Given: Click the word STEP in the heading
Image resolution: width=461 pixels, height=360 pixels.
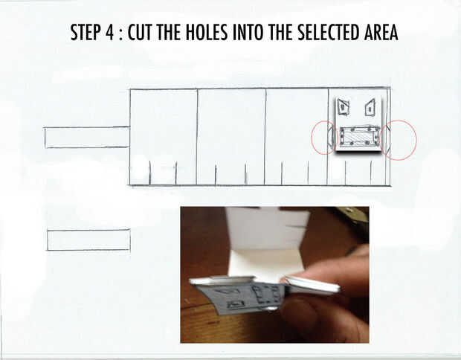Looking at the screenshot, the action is [x=85, y=32].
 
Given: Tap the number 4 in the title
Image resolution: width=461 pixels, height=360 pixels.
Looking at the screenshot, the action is [x=109, y=32].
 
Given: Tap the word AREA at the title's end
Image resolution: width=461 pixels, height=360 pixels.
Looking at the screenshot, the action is [x=381, y=32].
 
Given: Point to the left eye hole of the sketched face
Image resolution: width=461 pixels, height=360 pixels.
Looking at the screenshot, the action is [x=343, y=106].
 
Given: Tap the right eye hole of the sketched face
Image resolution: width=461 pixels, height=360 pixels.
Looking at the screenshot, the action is [x=370, y=108].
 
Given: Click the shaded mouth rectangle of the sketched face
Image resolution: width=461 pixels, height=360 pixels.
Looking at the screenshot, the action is [x=359, y=136].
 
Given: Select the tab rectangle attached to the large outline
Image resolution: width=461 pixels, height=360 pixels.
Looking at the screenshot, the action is [x=87, y=138].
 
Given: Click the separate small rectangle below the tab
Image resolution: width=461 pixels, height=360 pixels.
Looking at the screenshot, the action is [x=88, y=240].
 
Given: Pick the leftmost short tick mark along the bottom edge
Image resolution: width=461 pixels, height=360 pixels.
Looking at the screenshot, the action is [x=149, y=173].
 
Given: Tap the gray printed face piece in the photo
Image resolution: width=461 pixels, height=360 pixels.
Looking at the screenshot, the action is [x=241, y=298].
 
